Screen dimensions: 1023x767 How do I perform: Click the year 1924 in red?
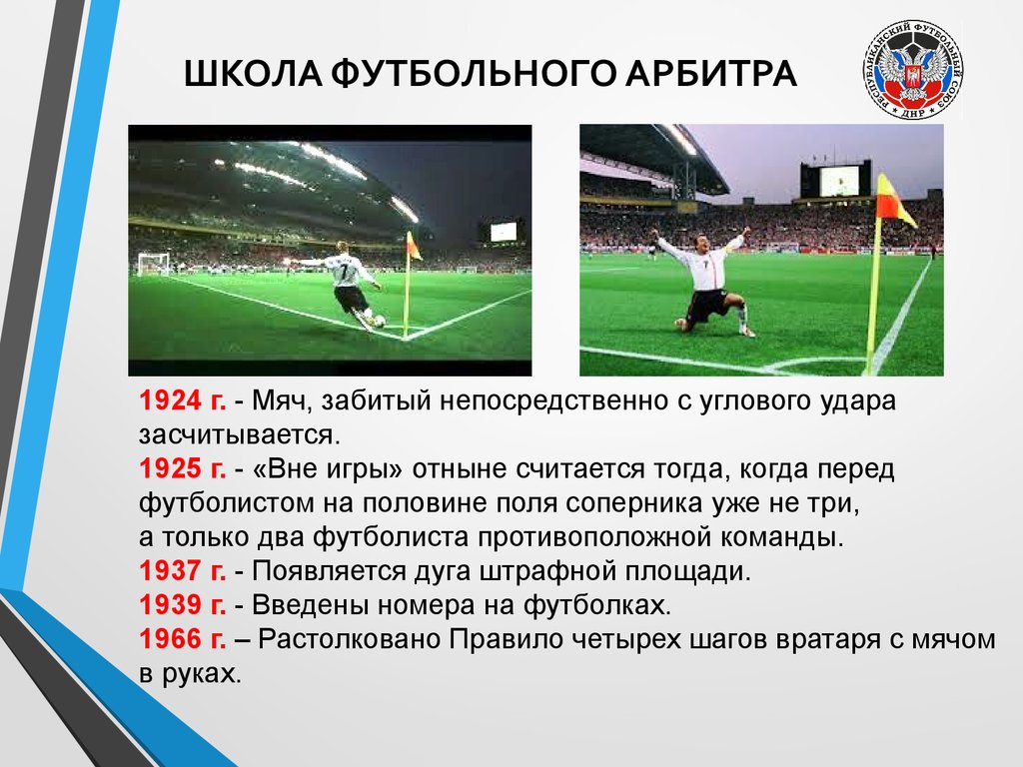pos(171,400)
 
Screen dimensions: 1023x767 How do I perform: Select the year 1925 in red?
pos(171,468)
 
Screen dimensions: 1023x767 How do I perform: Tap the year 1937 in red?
pos(171,570)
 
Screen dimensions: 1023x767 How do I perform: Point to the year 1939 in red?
pos(171,605)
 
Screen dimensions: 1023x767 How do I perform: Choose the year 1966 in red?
pos(171,639)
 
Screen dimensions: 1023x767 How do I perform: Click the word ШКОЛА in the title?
pos(253,73)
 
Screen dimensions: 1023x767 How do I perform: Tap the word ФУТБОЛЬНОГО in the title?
pos(474,73)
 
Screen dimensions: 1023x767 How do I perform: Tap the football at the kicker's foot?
pos(379,321)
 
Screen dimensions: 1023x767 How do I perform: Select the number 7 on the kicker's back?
pos(345,270)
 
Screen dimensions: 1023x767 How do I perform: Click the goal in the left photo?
pos(153,264)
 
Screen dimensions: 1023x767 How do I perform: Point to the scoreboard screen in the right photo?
pos(839,181)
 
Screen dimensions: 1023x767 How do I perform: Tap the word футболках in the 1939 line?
pos(597,606)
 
